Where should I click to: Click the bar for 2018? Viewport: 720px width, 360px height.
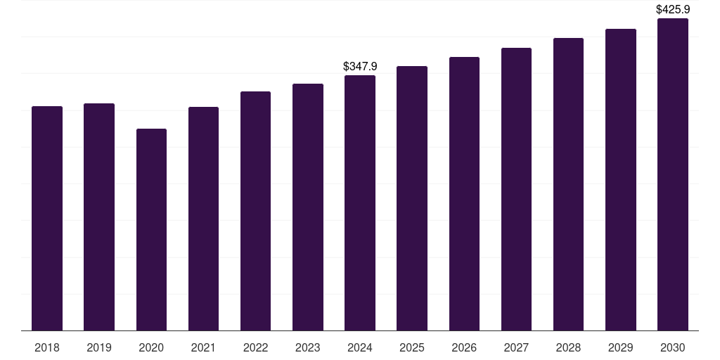click(x=47, y=218)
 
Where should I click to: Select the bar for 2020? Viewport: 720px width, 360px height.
click(x=151, y=229)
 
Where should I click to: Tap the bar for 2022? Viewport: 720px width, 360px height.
click(x=255, y=211)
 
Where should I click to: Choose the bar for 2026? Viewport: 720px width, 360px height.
click(x=464, y=193)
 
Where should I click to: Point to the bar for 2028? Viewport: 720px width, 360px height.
click(x=568, y=184)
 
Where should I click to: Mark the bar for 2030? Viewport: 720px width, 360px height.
click(x=673, y=174)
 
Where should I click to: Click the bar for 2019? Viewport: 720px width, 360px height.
click(x=99, y=217)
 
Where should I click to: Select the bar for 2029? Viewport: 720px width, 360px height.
click(x=621, y=179)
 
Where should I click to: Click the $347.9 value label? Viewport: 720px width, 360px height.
click(x=360, y=66)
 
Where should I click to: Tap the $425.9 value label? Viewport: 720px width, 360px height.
click(x=673, y=10)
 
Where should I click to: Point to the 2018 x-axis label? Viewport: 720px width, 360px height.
click(x=47, y=347)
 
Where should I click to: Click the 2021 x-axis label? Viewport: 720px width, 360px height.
click(x=203, y=347)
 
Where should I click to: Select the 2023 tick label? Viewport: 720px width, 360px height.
click(x=308, y=347)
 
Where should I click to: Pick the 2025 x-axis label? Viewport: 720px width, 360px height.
click(x=412, y=347)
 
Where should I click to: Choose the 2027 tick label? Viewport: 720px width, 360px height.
click(x=516, y=347)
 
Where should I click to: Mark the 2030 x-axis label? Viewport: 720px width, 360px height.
click(x=673, y=347)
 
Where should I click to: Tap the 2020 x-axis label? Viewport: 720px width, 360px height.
click(x=151, y=347)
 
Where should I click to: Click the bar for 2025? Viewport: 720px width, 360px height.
click(x=412, y=198)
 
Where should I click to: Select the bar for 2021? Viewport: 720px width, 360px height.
click(x=203, y=219)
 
